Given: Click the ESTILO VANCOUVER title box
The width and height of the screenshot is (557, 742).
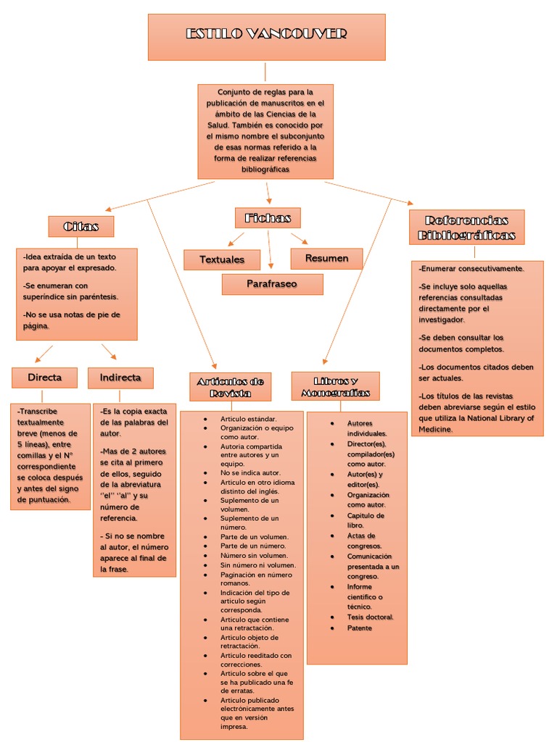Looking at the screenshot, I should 266,36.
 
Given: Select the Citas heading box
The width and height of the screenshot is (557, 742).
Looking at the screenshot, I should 81,226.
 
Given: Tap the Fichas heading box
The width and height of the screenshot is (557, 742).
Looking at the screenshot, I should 268,217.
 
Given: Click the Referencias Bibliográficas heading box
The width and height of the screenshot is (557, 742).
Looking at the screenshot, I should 466,227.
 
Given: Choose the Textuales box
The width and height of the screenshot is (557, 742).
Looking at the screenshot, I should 221,259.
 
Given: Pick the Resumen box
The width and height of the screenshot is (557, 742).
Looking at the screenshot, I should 326,259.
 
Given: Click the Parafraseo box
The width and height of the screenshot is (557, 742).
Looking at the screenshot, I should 272,284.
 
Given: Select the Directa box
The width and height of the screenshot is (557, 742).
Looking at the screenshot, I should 44,378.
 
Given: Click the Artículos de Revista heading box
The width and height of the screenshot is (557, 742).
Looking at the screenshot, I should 230,387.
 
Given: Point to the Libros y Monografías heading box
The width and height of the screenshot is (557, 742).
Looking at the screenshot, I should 335,386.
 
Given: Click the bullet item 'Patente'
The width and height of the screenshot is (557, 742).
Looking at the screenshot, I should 359,628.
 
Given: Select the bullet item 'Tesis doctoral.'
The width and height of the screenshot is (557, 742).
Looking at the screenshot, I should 370,617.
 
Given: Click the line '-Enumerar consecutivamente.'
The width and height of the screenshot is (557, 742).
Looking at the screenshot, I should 471,268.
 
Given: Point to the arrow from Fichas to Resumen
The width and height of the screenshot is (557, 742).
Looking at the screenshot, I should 300,238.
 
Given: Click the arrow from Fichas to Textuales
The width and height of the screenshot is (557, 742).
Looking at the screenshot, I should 236,239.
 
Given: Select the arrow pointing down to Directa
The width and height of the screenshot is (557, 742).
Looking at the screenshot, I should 44,354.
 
